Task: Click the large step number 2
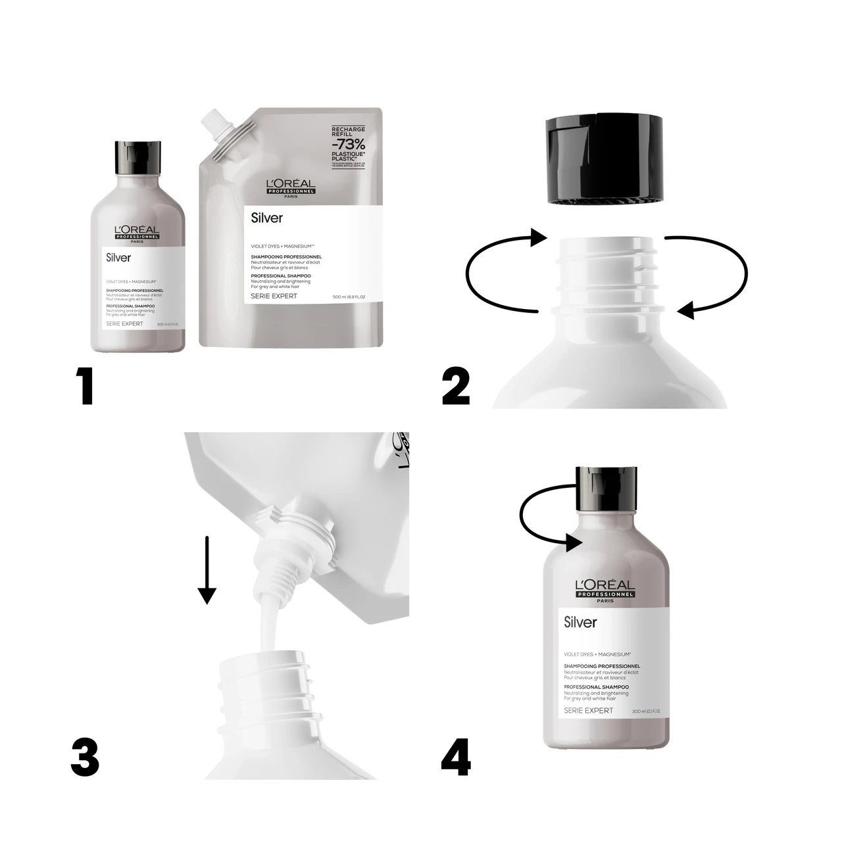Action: (x=456, y=386)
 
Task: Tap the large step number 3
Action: (x=85, y=757)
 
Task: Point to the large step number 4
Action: (x=456, y=757)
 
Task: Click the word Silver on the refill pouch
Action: (x=267, y=218)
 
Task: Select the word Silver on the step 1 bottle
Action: (x=118, y=258)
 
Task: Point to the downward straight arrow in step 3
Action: (x=207, y=569)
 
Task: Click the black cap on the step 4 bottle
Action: (x=606, y=489)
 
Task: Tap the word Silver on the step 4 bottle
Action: (x=580, y=622)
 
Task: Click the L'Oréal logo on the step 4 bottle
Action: (x=605, y=589)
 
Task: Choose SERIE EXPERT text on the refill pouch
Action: (x=274, y=296)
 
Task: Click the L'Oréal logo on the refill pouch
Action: (x=291, y=188)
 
